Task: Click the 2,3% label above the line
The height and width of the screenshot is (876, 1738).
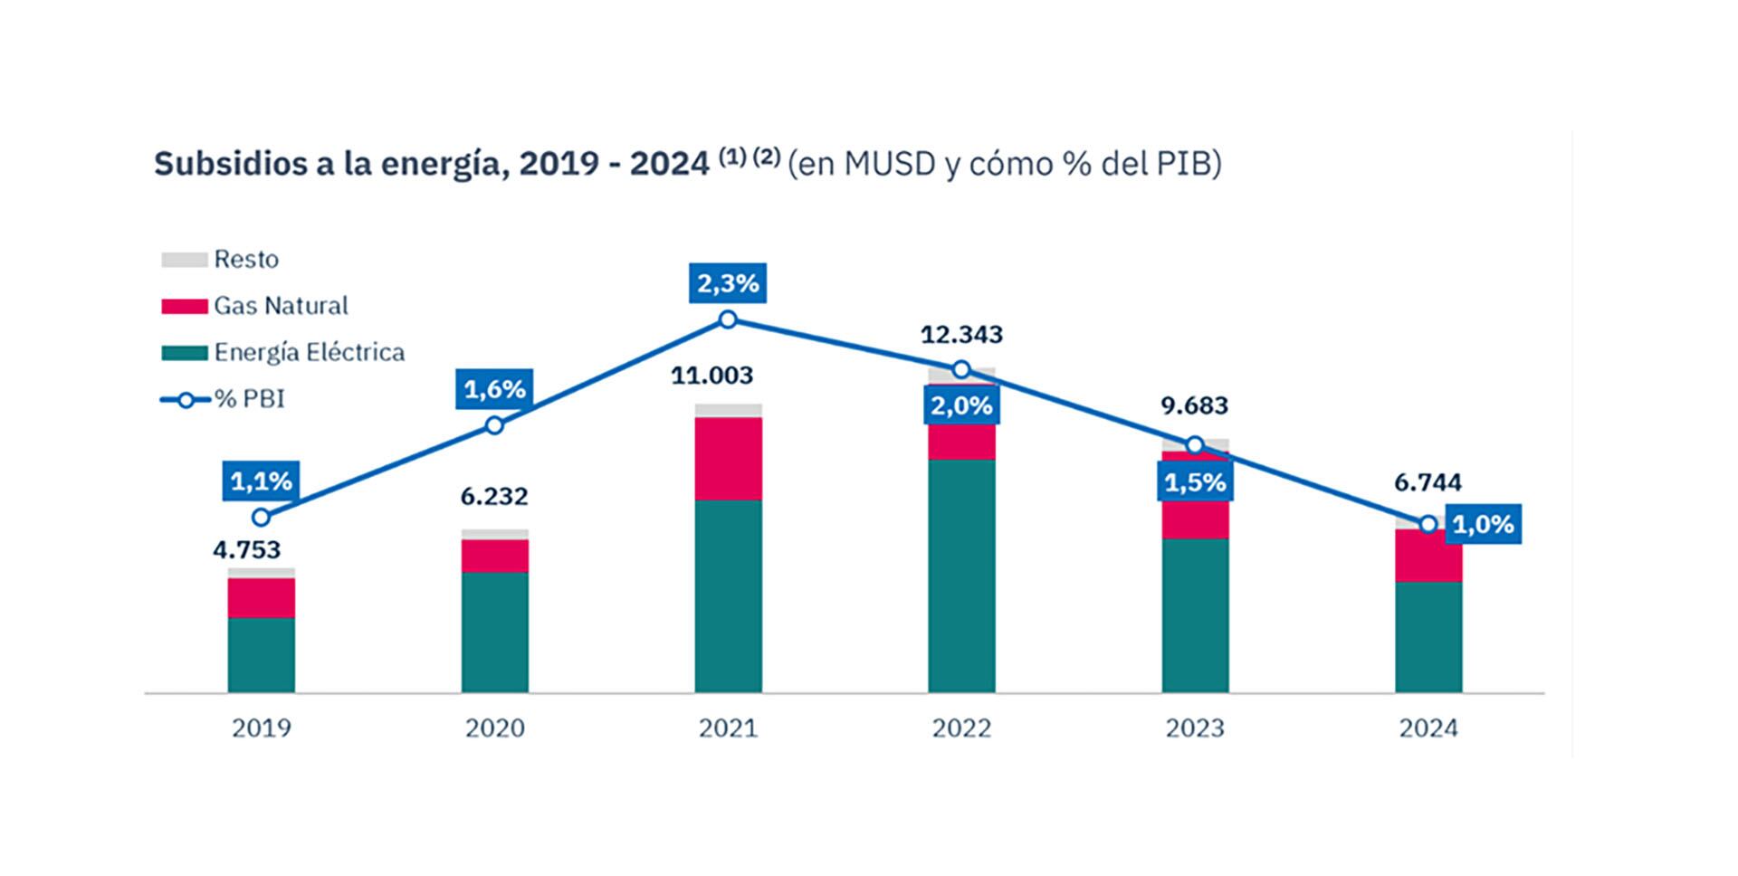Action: [728, 284]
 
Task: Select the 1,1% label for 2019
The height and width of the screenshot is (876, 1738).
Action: [262, 481]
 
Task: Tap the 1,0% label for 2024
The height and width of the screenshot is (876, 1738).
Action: [1484, 525]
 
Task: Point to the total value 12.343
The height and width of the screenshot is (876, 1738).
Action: [961, 335]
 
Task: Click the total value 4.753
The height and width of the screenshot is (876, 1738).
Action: [247, 550]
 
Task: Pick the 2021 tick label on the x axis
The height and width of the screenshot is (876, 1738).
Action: [728, 728]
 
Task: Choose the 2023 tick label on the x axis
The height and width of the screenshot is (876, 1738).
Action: [1195, 728]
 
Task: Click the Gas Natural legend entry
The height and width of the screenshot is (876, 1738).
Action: [281, 306]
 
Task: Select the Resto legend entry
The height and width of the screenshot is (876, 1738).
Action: [246, 260]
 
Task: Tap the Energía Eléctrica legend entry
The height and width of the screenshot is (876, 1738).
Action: [309, 352]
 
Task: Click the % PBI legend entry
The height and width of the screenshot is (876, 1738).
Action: [249, 399]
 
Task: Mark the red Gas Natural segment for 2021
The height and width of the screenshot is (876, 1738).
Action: [729, 459]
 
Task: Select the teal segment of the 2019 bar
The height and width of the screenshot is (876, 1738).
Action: [262, 655]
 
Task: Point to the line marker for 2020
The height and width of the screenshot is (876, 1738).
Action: [494, 425]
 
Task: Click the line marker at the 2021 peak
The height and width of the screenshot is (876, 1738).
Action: [728, 319]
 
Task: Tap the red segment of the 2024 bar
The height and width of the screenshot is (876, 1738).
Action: [1428, 556]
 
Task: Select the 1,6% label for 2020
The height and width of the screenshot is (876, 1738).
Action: [494, 389]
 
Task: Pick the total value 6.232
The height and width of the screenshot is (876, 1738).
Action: [494, 497]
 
